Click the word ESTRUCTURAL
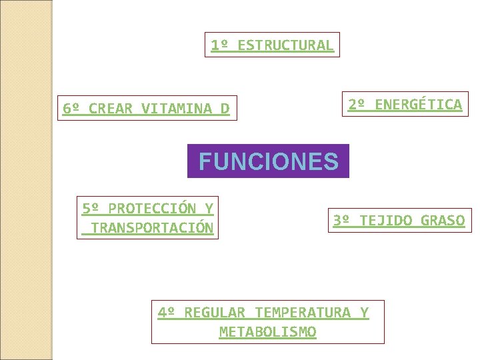(x=285, y=45)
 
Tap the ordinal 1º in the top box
(x=219, y=45)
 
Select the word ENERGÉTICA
(x=418, y=104)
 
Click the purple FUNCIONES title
(x=268, y=161)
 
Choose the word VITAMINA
(x=176, y=109)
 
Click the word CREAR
(x=110, y=109)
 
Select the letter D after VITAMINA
(x=225, y=109)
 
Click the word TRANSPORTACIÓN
(x=152, y=228)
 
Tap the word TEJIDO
(x=385, y=220)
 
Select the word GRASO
(x=443, y=220)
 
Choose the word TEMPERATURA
(x=303, y=312)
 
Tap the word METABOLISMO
(x=268, y=331)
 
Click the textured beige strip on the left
(x=26, y=180)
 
